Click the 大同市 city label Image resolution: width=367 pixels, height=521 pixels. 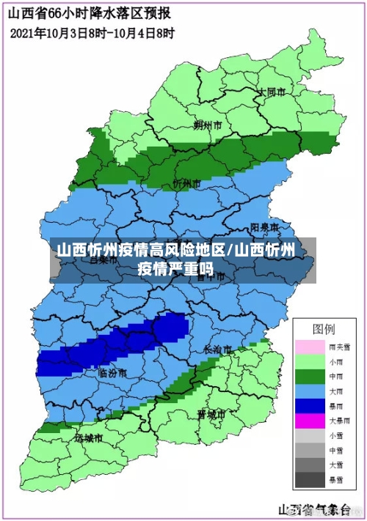(270, 92)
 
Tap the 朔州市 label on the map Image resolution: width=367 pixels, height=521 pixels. (208, 125)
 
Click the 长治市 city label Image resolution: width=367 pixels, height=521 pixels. (218, 349)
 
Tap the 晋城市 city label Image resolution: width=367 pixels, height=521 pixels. (211, 414)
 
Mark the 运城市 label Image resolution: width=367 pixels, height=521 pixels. (88, 437)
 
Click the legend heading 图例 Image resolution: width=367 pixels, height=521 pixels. (324, 328)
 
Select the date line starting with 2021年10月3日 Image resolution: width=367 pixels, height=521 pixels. (93, 33)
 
